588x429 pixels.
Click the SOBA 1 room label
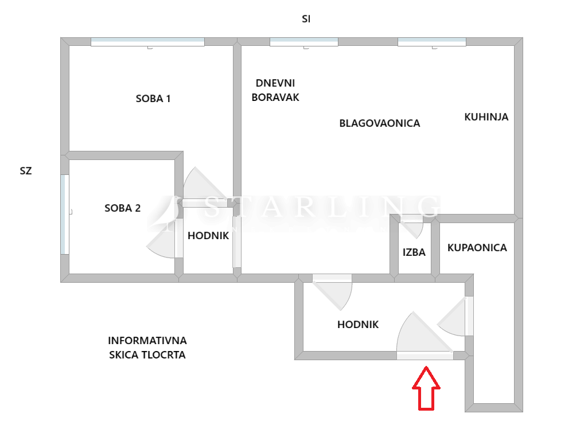click(153, 99)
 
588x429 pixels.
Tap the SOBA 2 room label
click(123, 208)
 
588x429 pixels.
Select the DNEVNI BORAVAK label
click(275, 90)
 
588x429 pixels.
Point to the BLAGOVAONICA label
click(380, 123)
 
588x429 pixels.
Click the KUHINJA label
click(486, 117)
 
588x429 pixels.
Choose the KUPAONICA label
click(477, 248)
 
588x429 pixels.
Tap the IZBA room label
click(414, 252)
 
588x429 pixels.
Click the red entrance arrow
click(426, 388)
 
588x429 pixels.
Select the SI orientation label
click(306, 19)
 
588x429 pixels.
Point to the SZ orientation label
click(26, 171)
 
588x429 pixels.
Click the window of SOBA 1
click(148, 42)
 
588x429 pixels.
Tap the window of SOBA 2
click(65, 214)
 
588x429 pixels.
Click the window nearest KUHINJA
click(432, 42)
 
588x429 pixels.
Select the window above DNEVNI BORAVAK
click(304, 42)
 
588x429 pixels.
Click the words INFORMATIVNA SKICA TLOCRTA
click(147, 348)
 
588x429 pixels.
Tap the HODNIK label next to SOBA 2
click(208, 236)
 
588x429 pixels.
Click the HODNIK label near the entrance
click(358, 325)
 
